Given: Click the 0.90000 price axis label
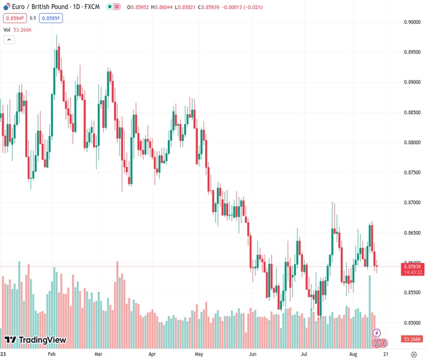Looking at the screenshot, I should (412, 22).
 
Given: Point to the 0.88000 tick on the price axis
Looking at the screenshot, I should (412, 142).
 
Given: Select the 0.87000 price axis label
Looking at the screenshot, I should (412, 202).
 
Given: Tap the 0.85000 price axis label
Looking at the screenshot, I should (412, 322).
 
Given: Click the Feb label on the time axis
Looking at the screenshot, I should (51, 355).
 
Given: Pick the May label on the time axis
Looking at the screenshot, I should (200, 355).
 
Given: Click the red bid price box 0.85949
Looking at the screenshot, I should (14, 18).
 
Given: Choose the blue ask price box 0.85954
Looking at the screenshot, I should (50, 18).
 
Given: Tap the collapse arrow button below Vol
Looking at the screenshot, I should (9, 40).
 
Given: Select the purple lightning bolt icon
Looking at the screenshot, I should (377, 332).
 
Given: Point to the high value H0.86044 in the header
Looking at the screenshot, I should (161, 7).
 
